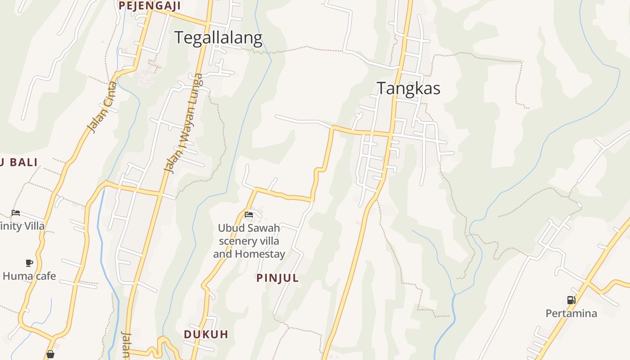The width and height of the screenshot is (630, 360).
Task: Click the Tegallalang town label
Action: (218, 38)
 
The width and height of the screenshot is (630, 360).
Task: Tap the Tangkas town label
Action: (408, 88)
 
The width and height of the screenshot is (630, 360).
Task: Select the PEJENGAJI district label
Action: (149, 6)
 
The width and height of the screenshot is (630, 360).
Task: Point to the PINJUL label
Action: (278, 278)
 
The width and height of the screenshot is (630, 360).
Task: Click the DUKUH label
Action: (206, 334)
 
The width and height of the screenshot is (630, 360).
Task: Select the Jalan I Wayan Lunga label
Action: (183, 123)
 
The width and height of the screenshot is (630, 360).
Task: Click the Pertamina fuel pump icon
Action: (571, 300)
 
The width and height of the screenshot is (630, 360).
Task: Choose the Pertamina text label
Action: (571, 313)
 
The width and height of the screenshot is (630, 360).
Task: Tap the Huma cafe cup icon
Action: (29, 263)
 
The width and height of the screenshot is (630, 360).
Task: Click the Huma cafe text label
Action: (29, 276)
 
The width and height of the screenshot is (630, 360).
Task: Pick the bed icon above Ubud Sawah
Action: (249, 215)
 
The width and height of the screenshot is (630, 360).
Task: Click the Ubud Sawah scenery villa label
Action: (249, 241)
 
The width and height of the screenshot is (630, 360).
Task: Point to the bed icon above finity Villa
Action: (16, 213)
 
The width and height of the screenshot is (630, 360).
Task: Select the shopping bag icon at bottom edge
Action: (50, 355)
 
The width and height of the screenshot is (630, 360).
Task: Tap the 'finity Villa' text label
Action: (22, 226)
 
